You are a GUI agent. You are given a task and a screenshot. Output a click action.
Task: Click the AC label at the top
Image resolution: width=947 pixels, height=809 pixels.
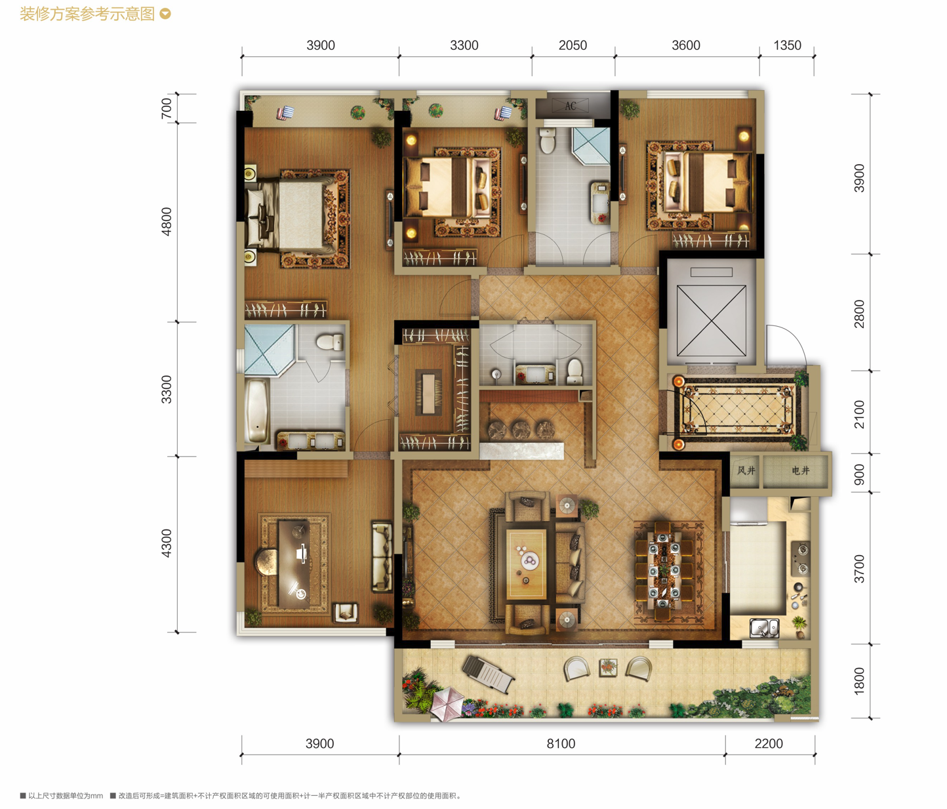tap(570, 106)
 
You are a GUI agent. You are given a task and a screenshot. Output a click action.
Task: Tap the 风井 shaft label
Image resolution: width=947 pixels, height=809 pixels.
tap(746, 470)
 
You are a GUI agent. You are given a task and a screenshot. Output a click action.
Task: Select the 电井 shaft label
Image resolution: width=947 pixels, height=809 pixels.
tap(800, 470)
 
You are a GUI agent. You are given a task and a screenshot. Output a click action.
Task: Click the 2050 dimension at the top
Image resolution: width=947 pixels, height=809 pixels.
tap(573, 45)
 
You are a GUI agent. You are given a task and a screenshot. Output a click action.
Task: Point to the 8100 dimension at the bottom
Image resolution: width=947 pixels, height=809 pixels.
tap(561, 743)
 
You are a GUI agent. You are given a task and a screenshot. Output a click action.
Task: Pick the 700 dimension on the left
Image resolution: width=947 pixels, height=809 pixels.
tap(167, 108)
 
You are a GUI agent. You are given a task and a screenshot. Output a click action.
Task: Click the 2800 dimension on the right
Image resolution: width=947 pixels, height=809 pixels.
tap(860, 314)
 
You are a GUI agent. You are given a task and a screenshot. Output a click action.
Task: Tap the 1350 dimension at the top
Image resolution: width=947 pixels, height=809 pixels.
tap(787, 45)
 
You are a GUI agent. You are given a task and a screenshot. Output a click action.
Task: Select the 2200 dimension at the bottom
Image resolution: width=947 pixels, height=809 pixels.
tap(769, 743)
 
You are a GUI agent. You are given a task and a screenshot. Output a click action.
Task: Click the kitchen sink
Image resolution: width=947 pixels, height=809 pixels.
tap(764, 628)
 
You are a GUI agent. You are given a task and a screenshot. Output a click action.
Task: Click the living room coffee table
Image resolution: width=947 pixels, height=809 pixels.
tap(527, 564)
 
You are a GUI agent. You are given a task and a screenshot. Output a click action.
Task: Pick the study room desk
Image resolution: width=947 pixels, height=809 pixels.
tap(294, 564)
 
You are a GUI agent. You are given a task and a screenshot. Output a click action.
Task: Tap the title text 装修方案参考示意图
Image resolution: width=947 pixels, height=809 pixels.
tap(87, 14)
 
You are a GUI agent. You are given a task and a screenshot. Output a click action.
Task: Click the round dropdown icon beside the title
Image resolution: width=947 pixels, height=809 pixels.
tap(165, 14)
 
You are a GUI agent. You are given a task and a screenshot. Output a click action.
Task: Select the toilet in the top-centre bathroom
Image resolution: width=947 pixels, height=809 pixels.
tap(548, 140)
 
